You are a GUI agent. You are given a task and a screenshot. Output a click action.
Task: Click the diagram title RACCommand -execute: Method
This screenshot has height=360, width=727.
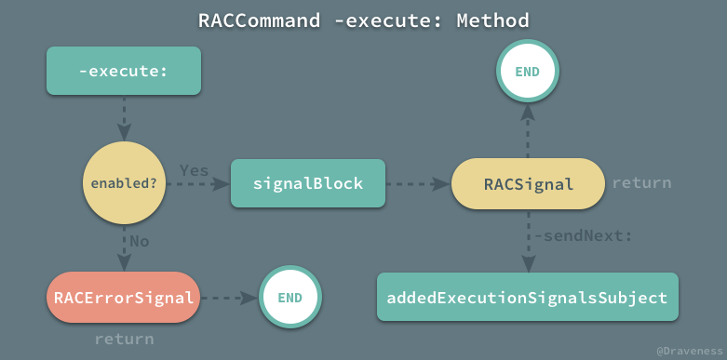point(363,20)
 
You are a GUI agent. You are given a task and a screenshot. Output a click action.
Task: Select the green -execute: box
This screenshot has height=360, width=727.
point(123,71)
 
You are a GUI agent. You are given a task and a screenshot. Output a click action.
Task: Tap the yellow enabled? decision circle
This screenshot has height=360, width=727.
point(123,182)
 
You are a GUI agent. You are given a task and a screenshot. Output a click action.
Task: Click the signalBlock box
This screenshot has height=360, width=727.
point(307,183)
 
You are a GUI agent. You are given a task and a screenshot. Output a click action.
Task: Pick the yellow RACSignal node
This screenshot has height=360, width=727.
point(528,183)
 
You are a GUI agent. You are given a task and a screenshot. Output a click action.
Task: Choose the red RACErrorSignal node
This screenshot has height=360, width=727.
point(123,298)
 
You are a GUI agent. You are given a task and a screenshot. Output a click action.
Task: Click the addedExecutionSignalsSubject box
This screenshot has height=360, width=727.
point(527,298)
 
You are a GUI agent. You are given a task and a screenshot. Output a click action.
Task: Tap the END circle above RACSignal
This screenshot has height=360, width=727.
point(528,71)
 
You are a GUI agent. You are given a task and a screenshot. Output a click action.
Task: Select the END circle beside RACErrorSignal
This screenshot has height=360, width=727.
point(289,298)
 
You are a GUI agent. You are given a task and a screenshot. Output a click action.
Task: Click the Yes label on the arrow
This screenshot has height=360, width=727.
point(194,171)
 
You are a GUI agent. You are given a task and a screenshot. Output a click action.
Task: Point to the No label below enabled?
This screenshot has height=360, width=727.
point(139,240)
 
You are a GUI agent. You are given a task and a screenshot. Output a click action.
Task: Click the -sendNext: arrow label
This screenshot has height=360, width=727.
point(583,236)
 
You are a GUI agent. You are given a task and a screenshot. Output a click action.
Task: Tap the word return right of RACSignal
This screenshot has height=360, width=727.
point(641,183)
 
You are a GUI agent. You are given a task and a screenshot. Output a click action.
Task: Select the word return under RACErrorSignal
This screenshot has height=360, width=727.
point(124,339)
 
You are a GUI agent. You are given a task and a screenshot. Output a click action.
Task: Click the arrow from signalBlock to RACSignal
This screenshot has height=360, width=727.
point(417,183)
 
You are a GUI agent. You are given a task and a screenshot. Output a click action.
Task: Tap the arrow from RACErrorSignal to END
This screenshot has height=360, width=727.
point(228,298)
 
